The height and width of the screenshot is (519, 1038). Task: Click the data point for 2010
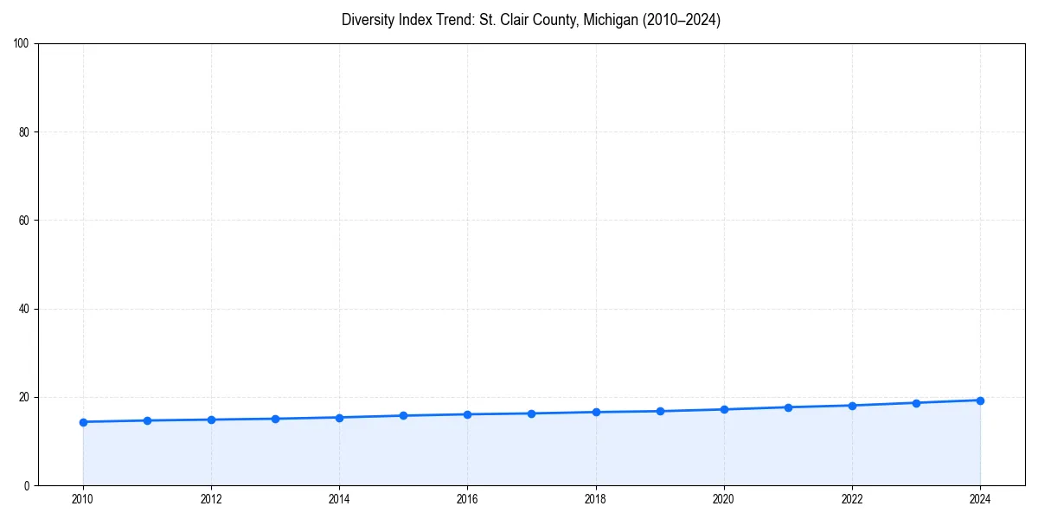(x=83, y=422)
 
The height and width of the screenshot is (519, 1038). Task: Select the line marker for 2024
(x=980, y=400)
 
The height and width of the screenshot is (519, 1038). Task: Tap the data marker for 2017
(x=531, y=413)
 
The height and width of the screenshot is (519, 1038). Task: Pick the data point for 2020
(x=724, y=409)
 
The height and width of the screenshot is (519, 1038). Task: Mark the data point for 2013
(x=275, y=419)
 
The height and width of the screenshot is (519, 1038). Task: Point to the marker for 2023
(x=916, y=403)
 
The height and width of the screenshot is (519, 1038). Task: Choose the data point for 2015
(x=403, y=415)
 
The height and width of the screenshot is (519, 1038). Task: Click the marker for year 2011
(x=147, y=420)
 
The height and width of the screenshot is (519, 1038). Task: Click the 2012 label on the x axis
(x=211, y=499)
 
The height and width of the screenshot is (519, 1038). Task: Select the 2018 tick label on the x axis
(x=595, y=499)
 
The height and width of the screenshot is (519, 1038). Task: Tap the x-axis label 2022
(x=852, y=499)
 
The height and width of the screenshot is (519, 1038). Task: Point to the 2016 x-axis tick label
(x=467, y=499)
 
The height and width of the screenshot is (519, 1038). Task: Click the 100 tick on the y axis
(x=22, y=43)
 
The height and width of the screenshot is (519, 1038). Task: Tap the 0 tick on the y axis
(x=28, y=485)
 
